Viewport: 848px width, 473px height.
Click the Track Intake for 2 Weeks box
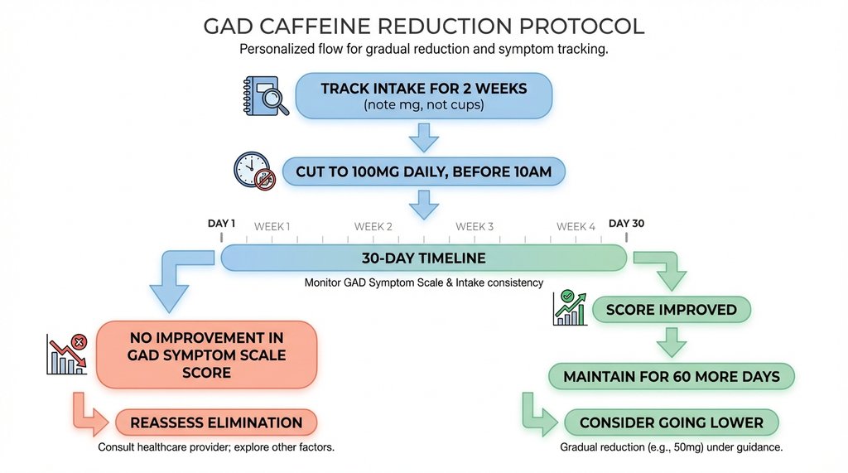[x=423, y=95]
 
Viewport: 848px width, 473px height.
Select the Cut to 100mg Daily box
[x=423, y=172]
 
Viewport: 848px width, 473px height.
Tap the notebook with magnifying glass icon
[x=266, y=95]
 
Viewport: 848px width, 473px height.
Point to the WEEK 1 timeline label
[x=272, y=226]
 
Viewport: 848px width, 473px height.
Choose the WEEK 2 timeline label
[x=373, y=226]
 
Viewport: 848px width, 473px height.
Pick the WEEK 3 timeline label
[x=475, y=226]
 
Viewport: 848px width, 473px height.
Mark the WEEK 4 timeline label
[x=576, y=226]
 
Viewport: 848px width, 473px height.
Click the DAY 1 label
[x=221, y=224]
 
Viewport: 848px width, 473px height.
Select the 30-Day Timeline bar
[x=423, y=258]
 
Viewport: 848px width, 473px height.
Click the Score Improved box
[x=672, y=310]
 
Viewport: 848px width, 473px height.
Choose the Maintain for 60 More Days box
[x=672, y=377]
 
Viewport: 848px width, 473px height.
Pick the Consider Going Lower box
[x=672, y=422]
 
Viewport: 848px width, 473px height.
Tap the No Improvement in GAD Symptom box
[x=206, y=355]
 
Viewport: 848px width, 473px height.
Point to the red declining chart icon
[x=68, y=355]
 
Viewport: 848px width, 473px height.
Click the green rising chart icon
[x=569, y=309]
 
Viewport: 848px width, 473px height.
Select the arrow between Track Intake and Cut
[x=424, y=137]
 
